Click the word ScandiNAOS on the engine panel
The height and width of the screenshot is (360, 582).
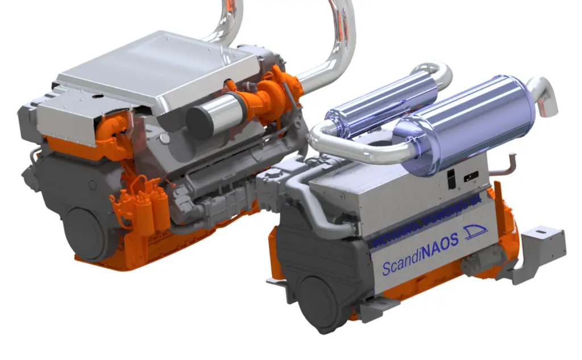[x=420, y=255]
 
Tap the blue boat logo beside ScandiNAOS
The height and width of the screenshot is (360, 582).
[x=476, y=232]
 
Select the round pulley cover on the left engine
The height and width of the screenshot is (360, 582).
[x=86, y=230]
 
